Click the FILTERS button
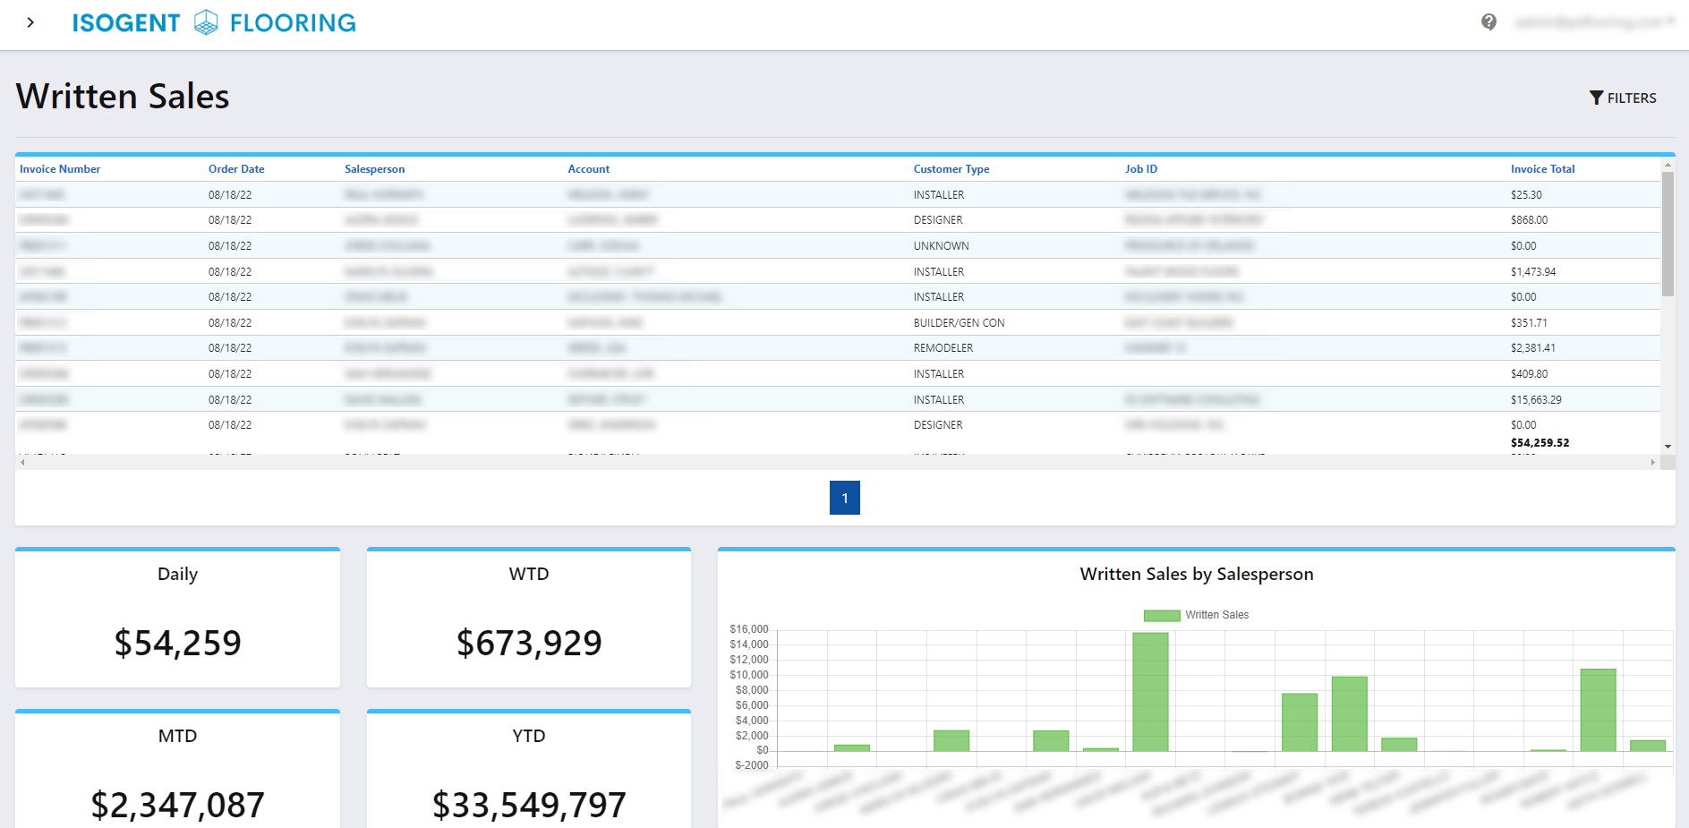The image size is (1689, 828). [x=1623, y=98]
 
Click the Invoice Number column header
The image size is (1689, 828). [x=60, y=169]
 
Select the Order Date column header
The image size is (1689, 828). [x=236, y=169]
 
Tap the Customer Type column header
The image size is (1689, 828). [x=951, y=169]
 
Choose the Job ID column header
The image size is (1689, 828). [x=1140, y=169]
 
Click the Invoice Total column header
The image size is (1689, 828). [x=1542, y=169]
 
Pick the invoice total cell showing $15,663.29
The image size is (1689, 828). [x=1536, y=400]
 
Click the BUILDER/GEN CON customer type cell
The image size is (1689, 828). [x=959, y=323]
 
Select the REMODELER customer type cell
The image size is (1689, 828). [x=943, y=348]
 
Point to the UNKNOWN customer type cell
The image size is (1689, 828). [x=941, y=246]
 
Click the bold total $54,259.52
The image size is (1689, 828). [x=1540, y=443]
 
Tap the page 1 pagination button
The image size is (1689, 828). [x=844, y=498]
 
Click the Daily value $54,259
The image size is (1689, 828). [x=177, y=643]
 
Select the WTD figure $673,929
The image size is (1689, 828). [x=529, y=643]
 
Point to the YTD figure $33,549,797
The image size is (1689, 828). [x=529, y=805]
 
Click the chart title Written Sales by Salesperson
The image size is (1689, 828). [x=1196, y=575]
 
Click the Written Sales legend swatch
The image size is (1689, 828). [x=1162, y=615]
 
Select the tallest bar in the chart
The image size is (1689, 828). [x=1150, y=691]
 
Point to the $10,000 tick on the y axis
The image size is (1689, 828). [x=749, y=675]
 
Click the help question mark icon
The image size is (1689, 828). [x=1489, y=22]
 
